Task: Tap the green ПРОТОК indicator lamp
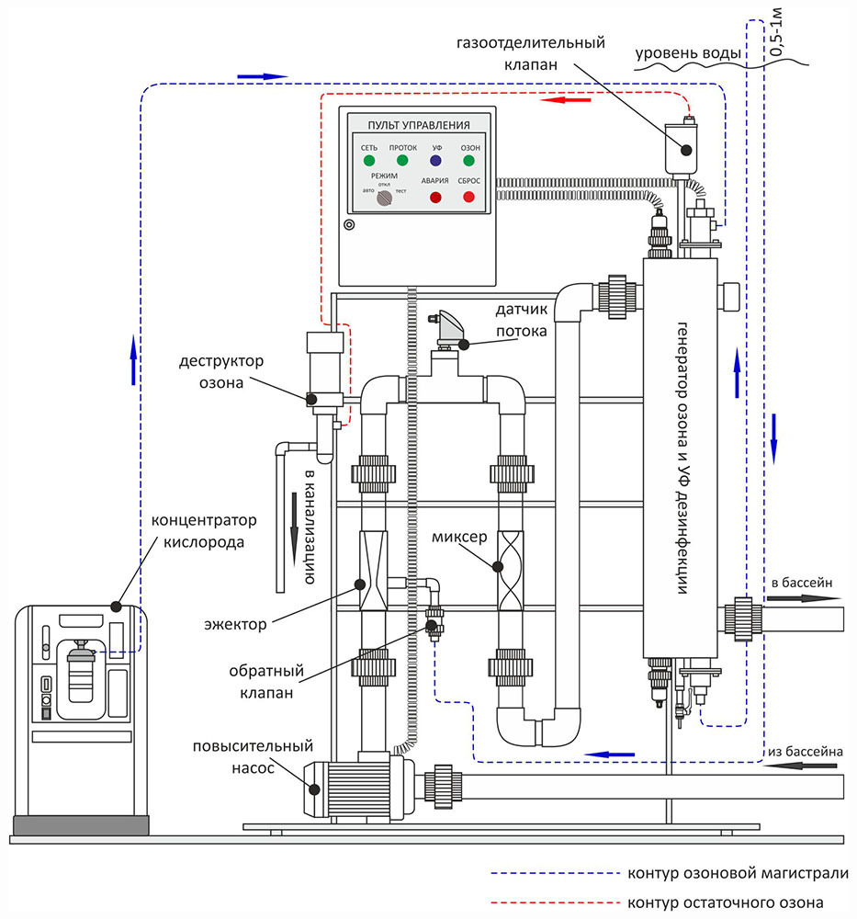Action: pos(402,162)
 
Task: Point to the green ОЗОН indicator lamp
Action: pos(469,162)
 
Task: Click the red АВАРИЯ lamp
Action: pos(435,197)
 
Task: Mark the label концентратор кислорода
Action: pos(204,530)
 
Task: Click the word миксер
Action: pos(455,535)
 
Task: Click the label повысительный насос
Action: pos(254,756)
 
